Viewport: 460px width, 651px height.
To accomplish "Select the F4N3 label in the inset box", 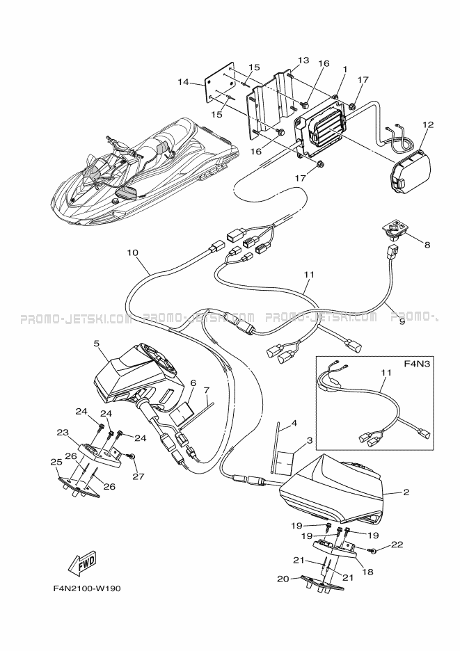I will click(418, 364).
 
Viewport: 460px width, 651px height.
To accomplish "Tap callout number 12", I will click(427, 124).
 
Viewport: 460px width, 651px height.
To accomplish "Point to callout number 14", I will click(184, 82).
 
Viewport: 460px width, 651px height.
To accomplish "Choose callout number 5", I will click(96, 343).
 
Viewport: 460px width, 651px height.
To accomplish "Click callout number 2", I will click(406, 492).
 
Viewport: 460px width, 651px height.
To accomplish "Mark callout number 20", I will click(283, 577).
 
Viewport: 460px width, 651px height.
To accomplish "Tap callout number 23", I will click(62, 432).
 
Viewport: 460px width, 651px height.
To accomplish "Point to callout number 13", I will click(303, 60).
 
